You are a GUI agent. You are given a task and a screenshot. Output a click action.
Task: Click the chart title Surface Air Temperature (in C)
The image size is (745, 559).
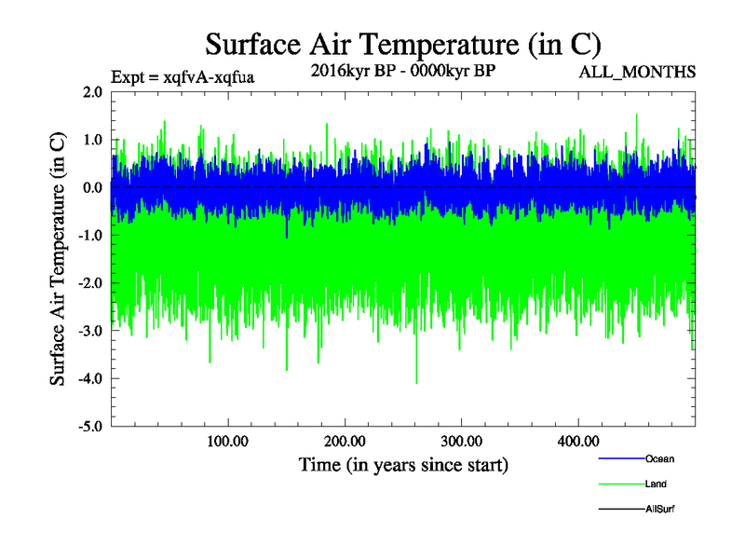[x=403, y=45]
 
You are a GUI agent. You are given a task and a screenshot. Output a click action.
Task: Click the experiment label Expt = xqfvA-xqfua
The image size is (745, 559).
[x=183, y=76]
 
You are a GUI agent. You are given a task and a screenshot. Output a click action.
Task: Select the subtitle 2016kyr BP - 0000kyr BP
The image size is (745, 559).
[x=402, y=70]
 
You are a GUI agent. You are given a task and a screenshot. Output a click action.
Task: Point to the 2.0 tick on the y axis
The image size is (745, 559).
[x=92, y=92]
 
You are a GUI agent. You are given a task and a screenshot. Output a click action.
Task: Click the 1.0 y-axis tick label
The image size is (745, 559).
[x=92, y=140]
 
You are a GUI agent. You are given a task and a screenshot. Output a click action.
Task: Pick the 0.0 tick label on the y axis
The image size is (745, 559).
[x=92, y=187]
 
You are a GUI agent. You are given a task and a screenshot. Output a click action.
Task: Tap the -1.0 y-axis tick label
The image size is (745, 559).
[x=90, y=236]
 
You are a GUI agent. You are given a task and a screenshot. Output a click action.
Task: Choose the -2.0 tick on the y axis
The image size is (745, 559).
[x=90, y=283]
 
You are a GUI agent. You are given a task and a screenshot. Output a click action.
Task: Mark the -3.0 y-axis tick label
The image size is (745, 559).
[x=90, y=331]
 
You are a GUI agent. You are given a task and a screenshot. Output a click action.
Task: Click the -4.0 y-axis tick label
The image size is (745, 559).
[x=90, y=378]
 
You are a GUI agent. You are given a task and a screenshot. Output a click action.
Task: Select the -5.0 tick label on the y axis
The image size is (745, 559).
[x=90, y=427]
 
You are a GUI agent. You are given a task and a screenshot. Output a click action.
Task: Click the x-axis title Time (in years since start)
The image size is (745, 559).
[x=403, y=464]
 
